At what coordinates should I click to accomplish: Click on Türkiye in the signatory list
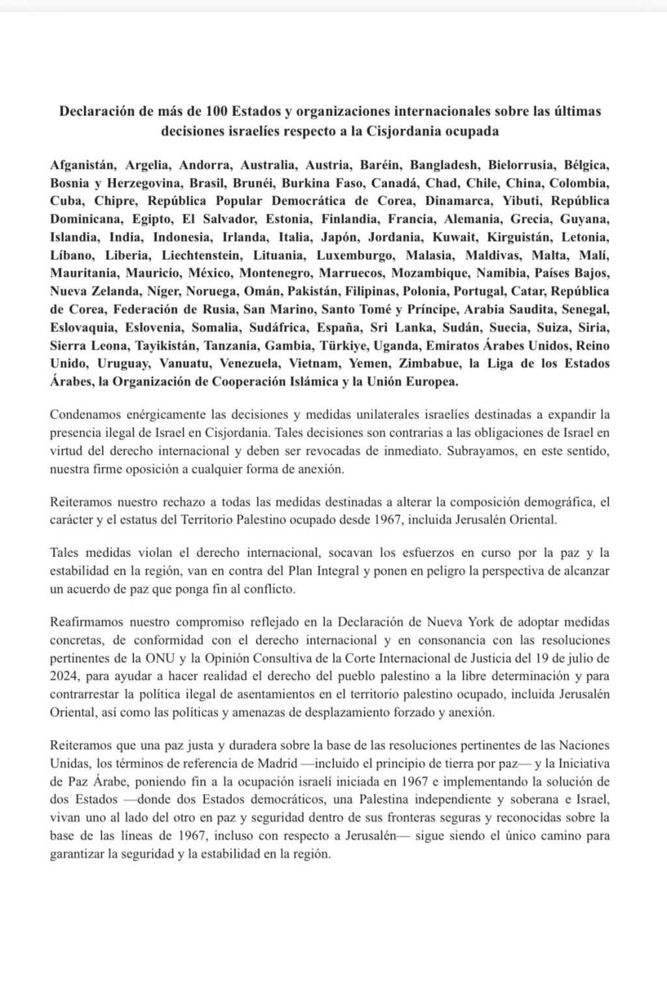pyautogui.click(x=342, y=345)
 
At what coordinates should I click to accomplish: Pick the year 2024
pyautogui.click(x=63, y=676)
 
